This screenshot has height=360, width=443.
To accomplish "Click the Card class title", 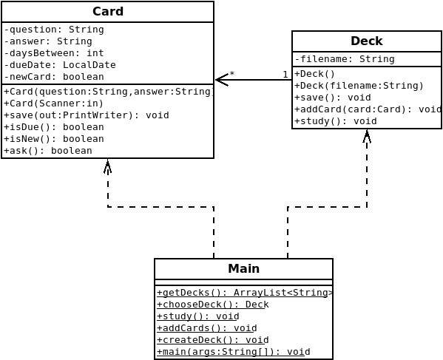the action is click(x=108, y=12).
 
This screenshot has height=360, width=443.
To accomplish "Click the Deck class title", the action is click(x=367, y=41).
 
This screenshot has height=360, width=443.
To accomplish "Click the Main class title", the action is click(x=243, y=269).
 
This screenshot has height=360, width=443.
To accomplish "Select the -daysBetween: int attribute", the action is click(x=54, y=53).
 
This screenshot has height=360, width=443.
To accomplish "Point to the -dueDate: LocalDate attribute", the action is click(x=60, y=65).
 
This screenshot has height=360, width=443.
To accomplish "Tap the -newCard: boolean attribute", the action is click(x=54, y=77).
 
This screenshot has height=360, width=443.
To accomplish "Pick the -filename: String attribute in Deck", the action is click(x=345, y=59).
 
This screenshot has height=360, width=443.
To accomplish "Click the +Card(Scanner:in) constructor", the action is click(x=54, y=103).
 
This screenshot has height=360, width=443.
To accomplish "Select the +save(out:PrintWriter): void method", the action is click(x=87, y=115).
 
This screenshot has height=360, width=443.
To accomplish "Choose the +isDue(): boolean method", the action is click(x=54, y=127).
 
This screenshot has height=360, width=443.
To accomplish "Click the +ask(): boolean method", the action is click(x=48, y=151).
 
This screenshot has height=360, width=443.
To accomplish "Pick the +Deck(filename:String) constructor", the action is click(x=359, y=86).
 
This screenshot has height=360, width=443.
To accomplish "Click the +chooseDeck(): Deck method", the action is click(x=213, y=305).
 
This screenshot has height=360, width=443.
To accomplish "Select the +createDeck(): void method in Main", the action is click(x=213, y=340).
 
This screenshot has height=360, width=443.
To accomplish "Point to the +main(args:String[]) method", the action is click(x=234, y=352).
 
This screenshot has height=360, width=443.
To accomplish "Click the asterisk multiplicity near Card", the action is click(x=232, y=74).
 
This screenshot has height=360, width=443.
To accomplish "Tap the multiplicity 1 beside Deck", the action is click(x=285, y=75).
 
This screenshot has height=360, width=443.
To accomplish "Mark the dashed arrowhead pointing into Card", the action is click(x=108, y=166).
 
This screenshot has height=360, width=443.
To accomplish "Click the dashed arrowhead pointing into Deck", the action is click(x=367, y=136).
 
